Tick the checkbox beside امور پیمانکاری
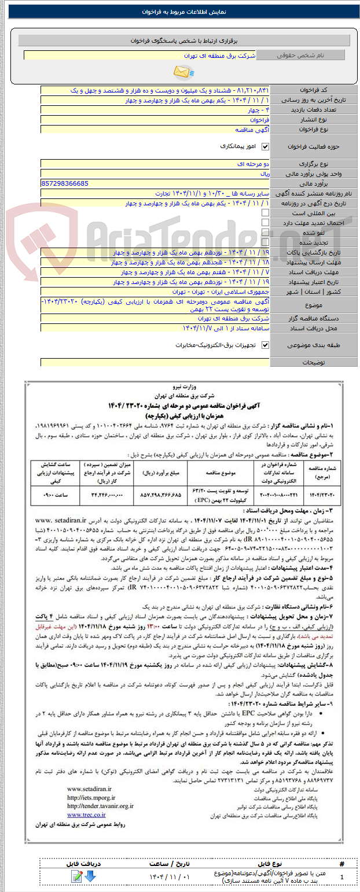(266, 146)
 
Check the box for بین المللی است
(266, 213)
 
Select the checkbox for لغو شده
(266, 233)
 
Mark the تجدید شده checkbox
(266, 242)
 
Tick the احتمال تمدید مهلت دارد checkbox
(266, 223)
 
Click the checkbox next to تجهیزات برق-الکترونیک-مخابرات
(266, 345)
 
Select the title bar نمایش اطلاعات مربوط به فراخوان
(180, 12)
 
